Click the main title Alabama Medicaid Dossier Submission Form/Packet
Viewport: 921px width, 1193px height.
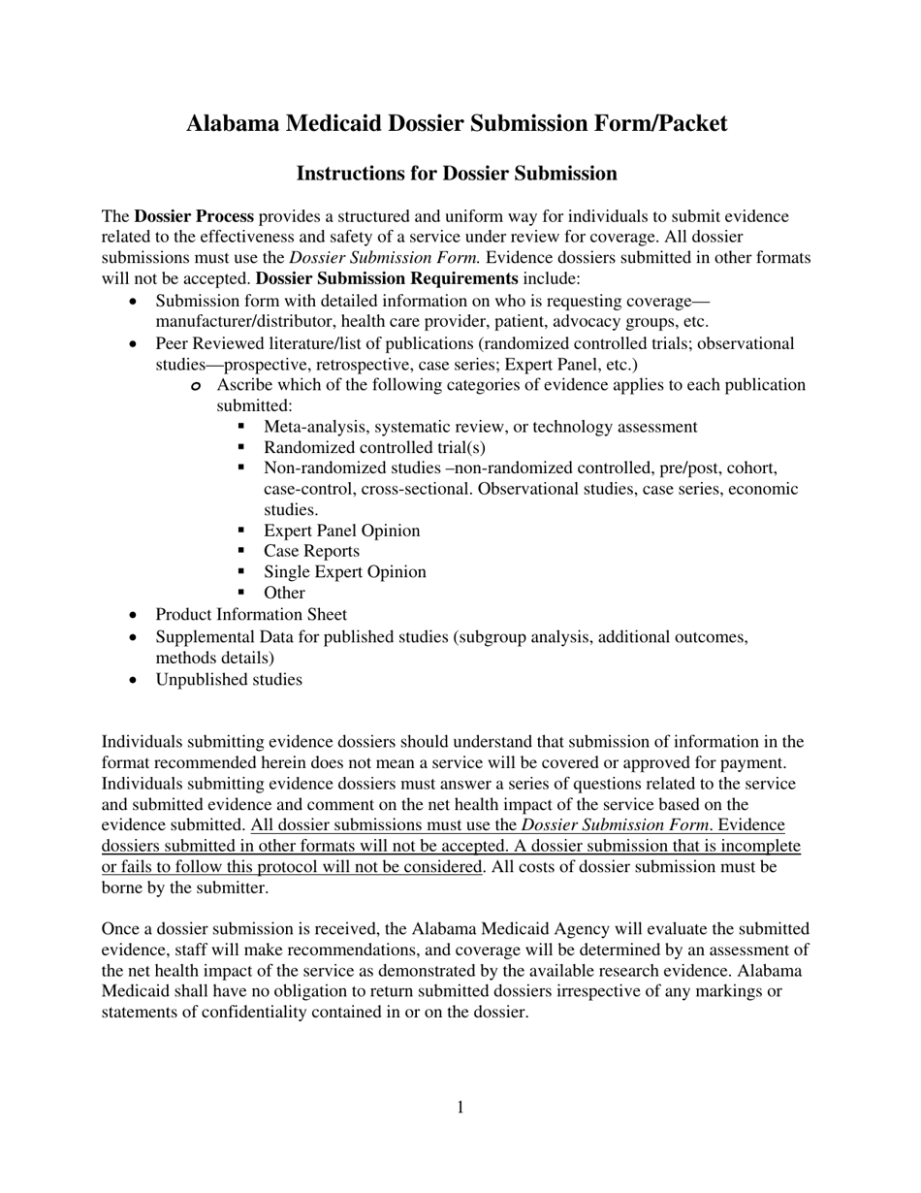click(x=456, y=124)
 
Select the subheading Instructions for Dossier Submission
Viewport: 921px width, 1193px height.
click(x=456, y=174)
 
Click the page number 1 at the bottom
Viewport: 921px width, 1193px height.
click(x=460, y=1108)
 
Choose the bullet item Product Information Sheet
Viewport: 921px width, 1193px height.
click(x=251, y=615)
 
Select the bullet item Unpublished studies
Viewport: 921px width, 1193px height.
click(x=229, y=680)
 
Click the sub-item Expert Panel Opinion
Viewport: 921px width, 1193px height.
click(x=341, y=531)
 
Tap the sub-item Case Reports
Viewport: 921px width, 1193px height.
click(x=311, y=551)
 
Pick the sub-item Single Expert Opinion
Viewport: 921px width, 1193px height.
click(x=344, y=572)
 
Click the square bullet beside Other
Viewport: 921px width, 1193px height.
click(x=242, y=592)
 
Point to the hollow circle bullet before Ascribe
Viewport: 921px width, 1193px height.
click(x=196, y=387)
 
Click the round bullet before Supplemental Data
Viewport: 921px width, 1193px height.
click(x=134, y=637)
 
